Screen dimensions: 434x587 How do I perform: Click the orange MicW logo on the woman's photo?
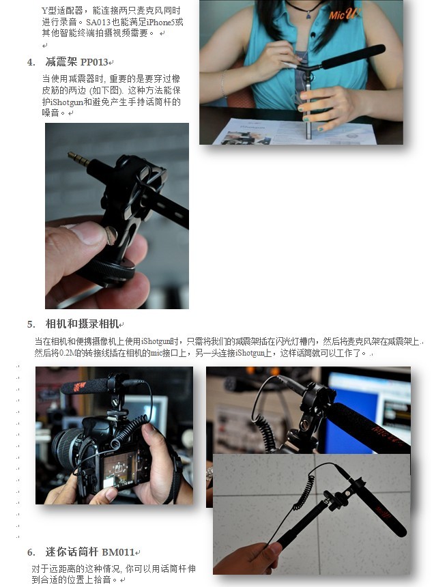tap(344, 14)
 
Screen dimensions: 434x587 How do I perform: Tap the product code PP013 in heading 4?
tap(94, 62)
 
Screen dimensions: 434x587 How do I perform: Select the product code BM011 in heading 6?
tap(118, 552)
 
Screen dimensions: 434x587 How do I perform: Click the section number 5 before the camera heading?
tap(31, 324)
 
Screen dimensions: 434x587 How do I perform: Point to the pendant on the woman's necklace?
tap(308, 16)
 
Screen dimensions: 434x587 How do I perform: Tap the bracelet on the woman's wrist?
tap(223, 84)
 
